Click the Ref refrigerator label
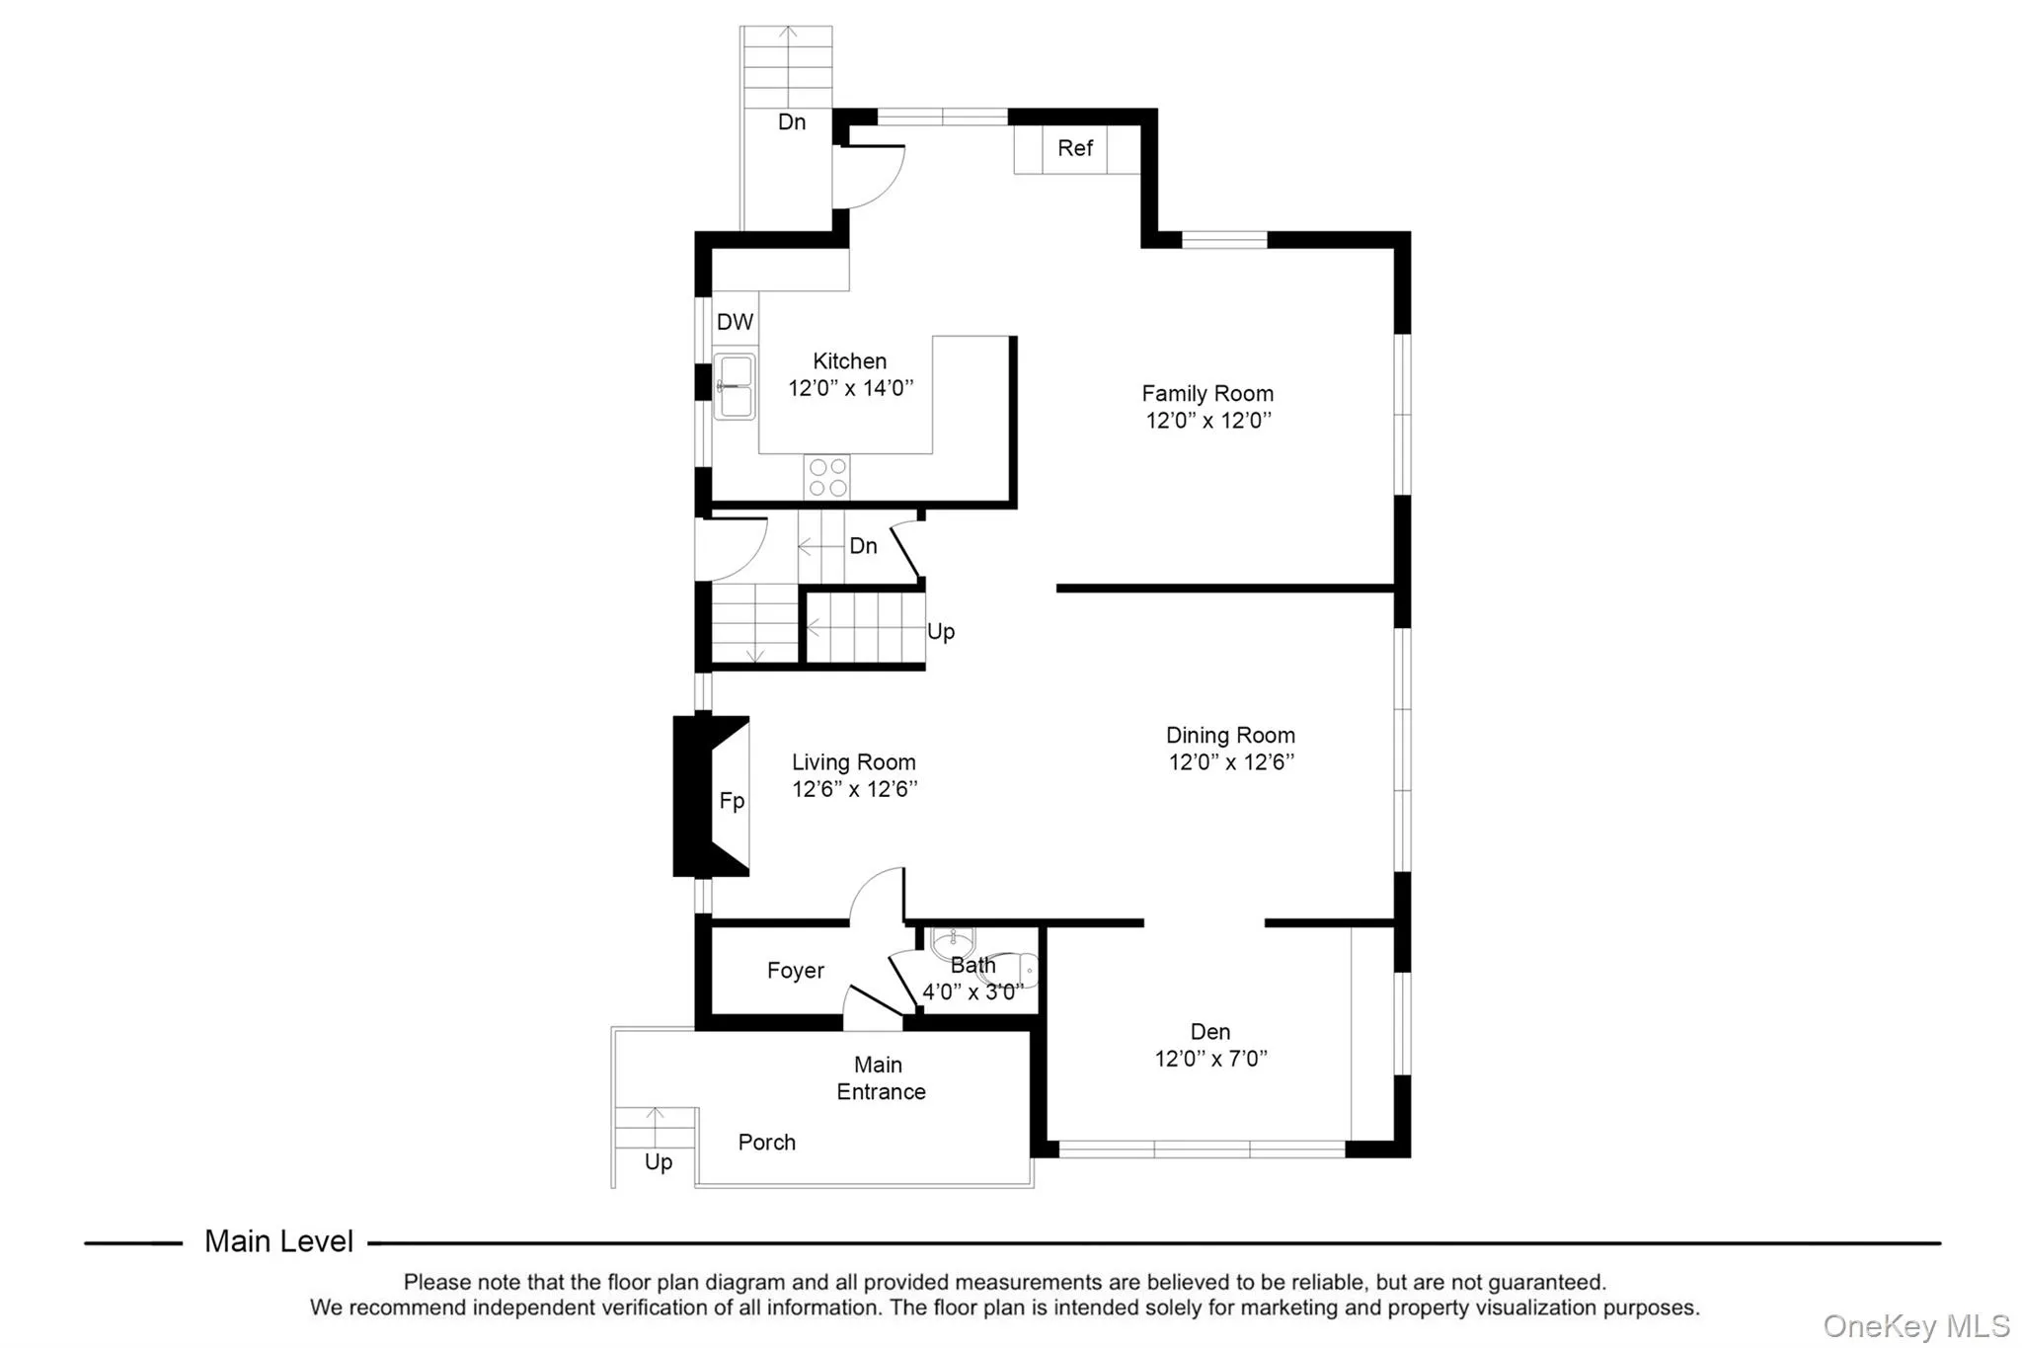(x=1074, y=148)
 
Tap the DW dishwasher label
(x=735, y=322)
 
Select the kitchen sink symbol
(x=735, y=386)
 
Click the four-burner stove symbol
(x=827, y=477)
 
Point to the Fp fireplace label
(x=732, y=801)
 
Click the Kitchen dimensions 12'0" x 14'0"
(x=850, y=388)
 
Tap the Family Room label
(x=1207, y=393)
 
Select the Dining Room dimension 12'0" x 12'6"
(x=1231, y=762)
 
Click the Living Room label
(x=854, y=762)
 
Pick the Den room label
(x=1210, y=1032)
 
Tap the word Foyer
(x=796, y=971)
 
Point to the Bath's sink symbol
(x=953, y=943)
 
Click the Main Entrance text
(x=881, y=1078)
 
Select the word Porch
(x=767, y=1143)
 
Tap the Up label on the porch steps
(x=659, y=1162)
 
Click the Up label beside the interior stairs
(x=941, y=632)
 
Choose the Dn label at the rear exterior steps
(x=792, y=122)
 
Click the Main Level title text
(x=278, y=1241)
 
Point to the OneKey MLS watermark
(x=1916, y=1325)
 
